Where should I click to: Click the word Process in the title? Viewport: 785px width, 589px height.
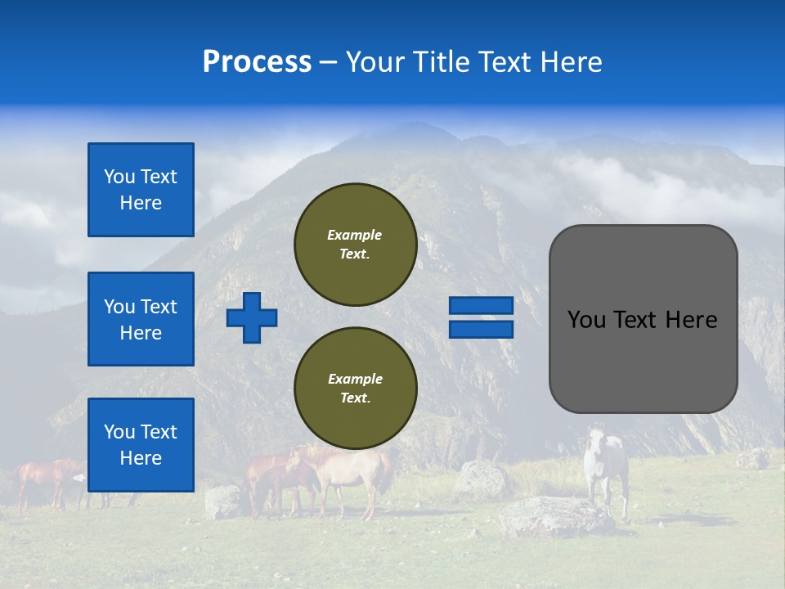point(257,61)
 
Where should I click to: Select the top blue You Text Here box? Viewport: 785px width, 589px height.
point(141,190)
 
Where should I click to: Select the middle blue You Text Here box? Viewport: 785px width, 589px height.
point(141,319)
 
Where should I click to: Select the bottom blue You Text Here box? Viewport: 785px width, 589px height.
point(141,444)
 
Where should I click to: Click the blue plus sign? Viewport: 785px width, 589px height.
point(252,317)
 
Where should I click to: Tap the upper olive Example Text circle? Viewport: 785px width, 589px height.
point(355,245)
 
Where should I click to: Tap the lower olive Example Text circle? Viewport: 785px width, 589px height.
point(355,389)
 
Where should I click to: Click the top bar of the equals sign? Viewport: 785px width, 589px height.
point(481,305)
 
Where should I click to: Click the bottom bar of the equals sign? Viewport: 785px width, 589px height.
point(481,329)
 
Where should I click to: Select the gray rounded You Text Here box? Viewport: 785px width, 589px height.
point(643,319)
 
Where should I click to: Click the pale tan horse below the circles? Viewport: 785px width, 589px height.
point(352,474)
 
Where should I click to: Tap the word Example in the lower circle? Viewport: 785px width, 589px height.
point(355,379)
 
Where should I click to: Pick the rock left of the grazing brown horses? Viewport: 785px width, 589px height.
point(222,501)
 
